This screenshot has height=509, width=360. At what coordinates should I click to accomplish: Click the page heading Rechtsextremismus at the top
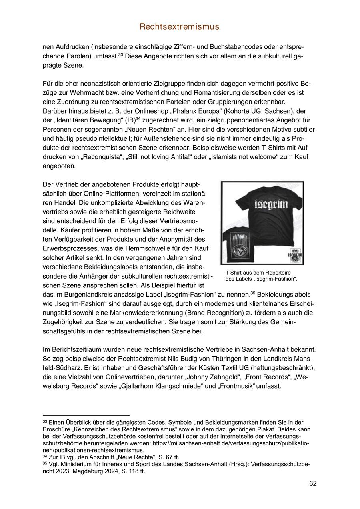(180, 27)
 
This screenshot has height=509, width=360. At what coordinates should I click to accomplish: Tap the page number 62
(313, 483)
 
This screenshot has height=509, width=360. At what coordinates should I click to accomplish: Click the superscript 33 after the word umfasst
(120, 54)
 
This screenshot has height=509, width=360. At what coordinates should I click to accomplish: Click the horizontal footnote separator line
(86, 415)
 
